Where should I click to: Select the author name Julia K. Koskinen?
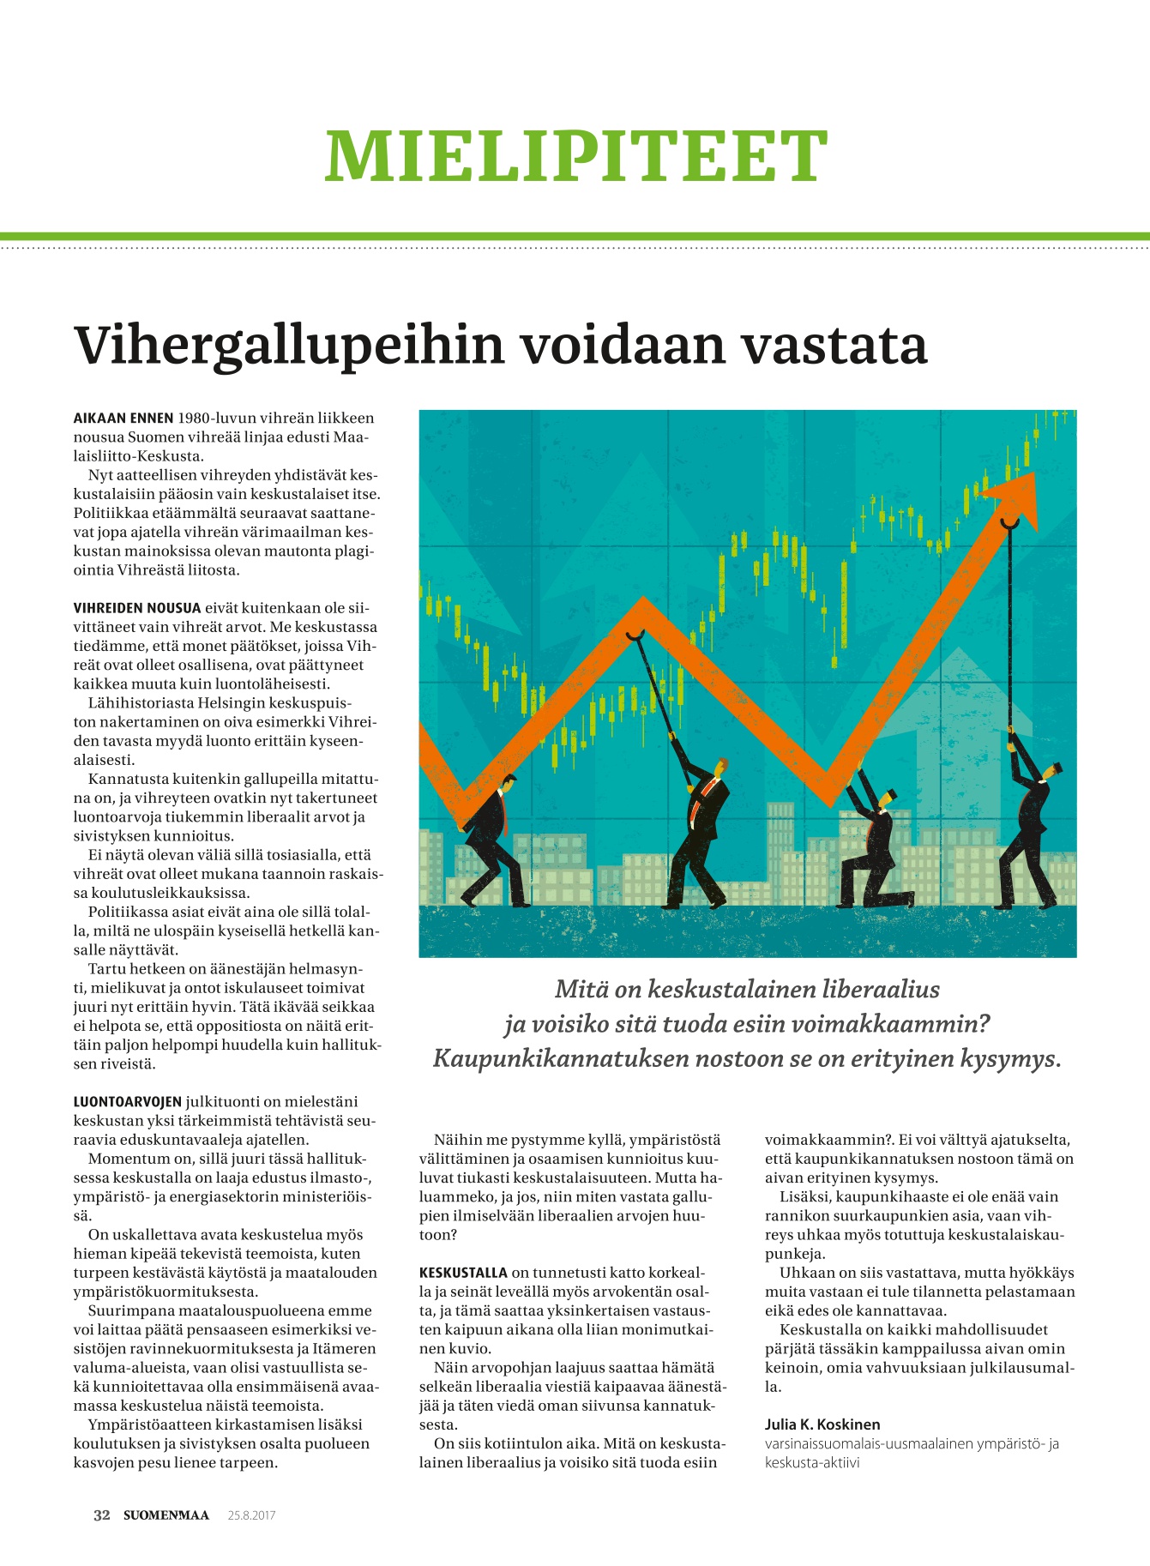tap(822, 1424)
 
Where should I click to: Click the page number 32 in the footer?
tap(102, 1515)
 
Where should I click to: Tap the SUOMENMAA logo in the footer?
tap(166, 1515)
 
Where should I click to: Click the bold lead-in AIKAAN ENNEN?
tap(123, 419)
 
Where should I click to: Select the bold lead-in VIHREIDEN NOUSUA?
tap(137, 608)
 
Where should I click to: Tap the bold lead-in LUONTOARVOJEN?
tap(128, 1102)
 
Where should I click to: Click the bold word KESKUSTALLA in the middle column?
tap(463, 1273)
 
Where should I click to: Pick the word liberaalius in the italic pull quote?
tap(880, 990)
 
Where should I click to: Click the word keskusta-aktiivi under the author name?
tap(812, 1462)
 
